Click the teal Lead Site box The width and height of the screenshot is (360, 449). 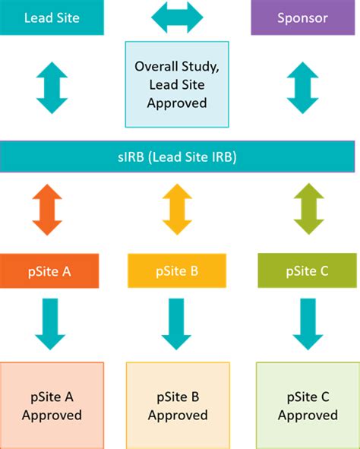tap(52, 17)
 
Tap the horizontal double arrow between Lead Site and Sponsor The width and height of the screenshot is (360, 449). tap(178, 17)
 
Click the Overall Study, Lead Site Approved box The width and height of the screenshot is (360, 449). tap(177, 84)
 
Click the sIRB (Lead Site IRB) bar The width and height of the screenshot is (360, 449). tap(178, 157)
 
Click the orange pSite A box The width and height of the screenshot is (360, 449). tap(49, 270)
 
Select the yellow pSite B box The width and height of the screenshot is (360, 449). tap(177, 270)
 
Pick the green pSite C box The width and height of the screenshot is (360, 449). tap(307, 270)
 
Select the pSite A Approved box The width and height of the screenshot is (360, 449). tap(52, 405)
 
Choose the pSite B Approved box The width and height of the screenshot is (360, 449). tap(178, 405)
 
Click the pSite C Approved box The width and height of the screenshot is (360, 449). tap(307, 405)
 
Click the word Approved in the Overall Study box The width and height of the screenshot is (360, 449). tap(177, 103)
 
